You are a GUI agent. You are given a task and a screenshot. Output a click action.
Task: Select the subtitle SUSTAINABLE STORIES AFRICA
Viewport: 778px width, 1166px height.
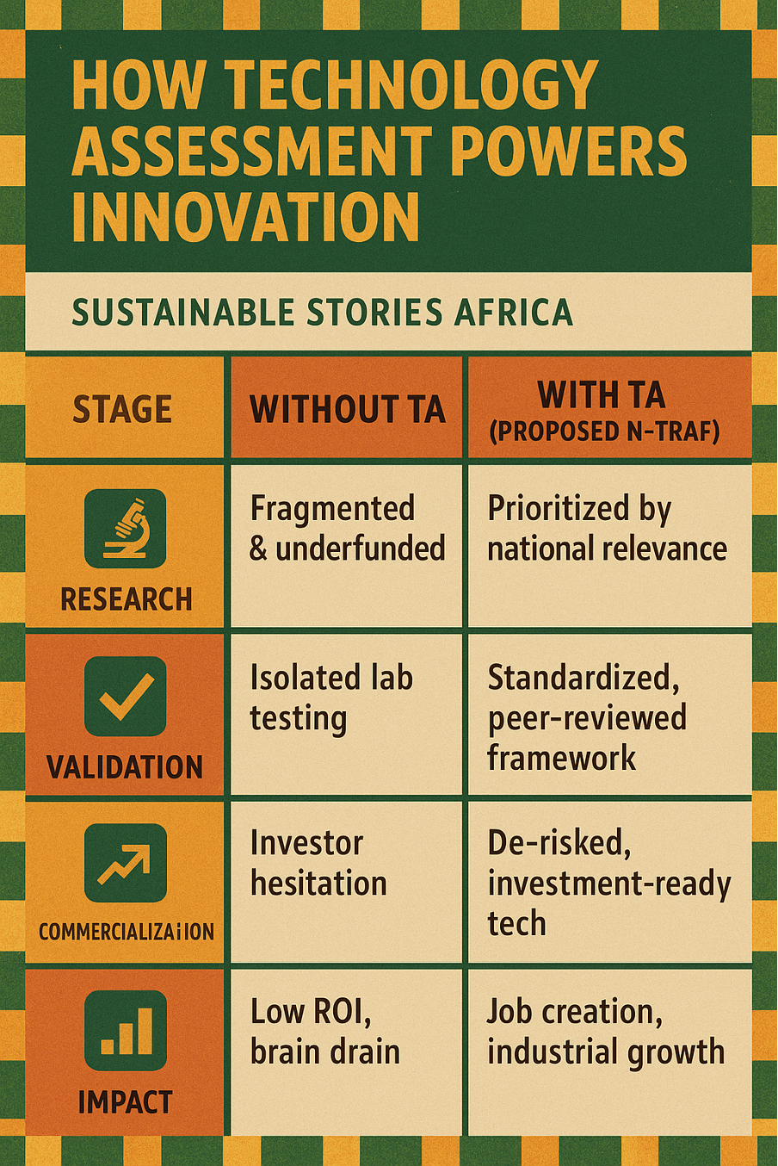[x=322, y=312]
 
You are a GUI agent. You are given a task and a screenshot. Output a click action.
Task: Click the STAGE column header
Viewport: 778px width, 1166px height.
[x=122, y=409]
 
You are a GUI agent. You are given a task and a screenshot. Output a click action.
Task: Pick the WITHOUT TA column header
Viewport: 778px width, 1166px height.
[x=347, y=409]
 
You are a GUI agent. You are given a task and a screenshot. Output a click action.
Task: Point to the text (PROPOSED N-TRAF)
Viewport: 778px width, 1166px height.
[x=603, y=431]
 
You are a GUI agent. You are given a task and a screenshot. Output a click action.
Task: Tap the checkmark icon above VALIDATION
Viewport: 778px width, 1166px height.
[x=125, y=696]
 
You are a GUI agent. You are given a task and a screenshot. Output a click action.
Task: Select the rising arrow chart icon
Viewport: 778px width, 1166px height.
[x=125, y=863]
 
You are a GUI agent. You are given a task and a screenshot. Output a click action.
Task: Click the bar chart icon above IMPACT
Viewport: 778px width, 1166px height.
[x=125, y=1031]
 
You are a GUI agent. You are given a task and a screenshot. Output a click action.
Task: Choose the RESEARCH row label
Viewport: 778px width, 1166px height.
[x=126, y=599]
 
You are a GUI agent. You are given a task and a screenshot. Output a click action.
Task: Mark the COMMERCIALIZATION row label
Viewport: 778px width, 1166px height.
[x=126, y=932]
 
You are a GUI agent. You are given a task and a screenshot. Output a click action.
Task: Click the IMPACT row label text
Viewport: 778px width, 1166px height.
[x=125, y=1102]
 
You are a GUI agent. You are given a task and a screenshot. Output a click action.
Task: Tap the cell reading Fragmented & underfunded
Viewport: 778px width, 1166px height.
[x=346, y=528]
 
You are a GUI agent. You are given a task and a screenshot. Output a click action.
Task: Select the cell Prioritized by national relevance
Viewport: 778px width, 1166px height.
[x=607, y=528]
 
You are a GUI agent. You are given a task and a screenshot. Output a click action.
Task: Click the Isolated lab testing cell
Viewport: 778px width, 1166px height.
[x=331, y=698]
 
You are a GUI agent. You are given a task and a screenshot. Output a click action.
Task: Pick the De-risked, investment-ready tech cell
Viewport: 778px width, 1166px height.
[x=608, y=883]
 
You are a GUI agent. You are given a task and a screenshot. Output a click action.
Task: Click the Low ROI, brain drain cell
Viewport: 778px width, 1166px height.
[x=324, y=1032]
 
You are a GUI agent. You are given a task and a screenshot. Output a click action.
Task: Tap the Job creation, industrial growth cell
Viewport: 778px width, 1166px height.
[x=605, y=1032]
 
